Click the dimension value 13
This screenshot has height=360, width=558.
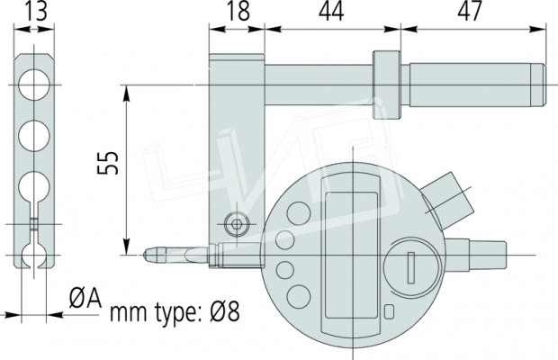36,11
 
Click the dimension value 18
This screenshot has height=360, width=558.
238,11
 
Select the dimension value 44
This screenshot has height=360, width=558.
331,11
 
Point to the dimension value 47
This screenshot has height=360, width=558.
470,11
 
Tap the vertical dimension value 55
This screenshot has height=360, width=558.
108,163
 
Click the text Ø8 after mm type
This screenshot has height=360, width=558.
225,310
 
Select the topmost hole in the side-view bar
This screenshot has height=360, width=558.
34,85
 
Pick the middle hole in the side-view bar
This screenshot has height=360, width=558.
34,136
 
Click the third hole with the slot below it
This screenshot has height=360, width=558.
34,187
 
